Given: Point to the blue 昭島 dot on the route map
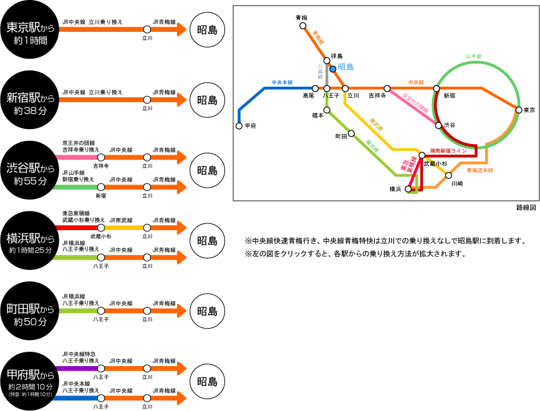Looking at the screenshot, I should click(333, 69).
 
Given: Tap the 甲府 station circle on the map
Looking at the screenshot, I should click(239, 125).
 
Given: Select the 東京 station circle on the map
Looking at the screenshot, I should click(519, 110).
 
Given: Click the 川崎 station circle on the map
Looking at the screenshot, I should click(448, 175).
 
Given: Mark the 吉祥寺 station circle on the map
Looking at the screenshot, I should click(387, 89).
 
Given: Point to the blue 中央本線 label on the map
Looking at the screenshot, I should click(282, 82).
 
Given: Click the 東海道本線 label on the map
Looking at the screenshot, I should click(480, 170).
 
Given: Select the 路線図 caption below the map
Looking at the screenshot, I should click(526, 207).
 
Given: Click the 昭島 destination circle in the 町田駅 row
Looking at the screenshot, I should click(206, 311).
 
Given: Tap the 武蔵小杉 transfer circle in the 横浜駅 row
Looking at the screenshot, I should click(100, 228).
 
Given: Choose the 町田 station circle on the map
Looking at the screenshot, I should click(352, 133).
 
